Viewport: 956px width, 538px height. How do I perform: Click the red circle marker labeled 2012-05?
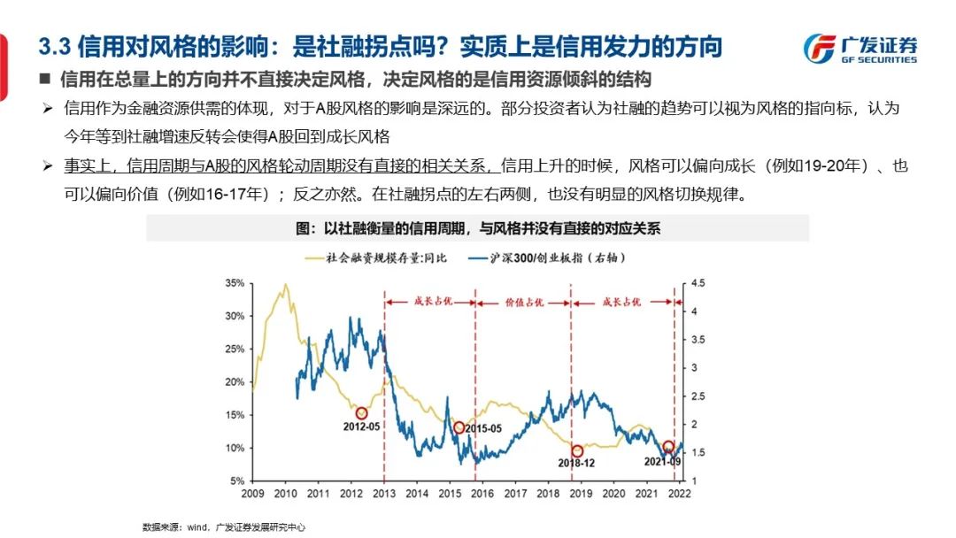click(x=361, y=413)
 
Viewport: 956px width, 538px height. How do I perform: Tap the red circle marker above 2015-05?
click(x=459, y=428)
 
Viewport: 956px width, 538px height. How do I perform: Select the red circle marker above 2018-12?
click(x=578, y=451)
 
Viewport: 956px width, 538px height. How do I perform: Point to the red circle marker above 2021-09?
click(x=668, y=447)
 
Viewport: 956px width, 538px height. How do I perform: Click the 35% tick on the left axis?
click(x=235, y=284)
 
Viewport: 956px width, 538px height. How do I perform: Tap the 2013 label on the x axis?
click(x=384, y=493)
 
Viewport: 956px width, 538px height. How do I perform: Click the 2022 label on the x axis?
click(x=679, y=493)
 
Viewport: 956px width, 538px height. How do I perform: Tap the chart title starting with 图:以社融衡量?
click(x=478, y=228)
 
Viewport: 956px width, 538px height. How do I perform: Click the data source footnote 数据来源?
click(x=224, y=526)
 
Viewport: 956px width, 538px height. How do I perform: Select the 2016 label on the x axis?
click(x=482, y=493)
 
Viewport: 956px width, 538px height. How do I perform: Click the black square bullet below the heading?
click(x=45, y=81)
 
